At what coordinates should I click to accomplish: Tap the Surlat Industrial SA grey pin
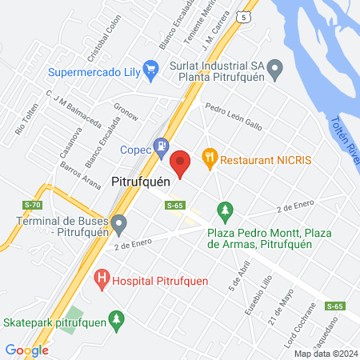pyautogui.click(x=275, y=68)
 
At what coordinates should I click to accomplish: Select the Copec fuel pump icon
pyautogui.click(x=162, y=147)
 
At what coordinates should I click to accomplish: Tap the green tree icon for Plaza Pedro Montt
pyautogui.click(x=226, y=211)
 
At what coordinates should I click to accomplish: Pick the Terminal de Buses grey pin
pyautogui.click(x=119, y=222)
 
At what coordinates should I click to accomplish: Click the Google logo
pyautogui.click(x=26, y=350)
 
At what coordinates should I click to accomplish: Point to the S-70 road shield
pyautogui.click(x=32, y=206)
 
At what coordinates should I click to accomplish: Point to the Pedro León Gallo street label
pyautogui.click(x=233, y=114)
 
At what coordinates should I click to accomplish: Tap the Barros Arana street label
pyautogui.click(x=79, y=177)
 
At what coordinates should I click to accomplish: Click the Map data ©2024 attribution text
pyautogui.click(x=325, y=354)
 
